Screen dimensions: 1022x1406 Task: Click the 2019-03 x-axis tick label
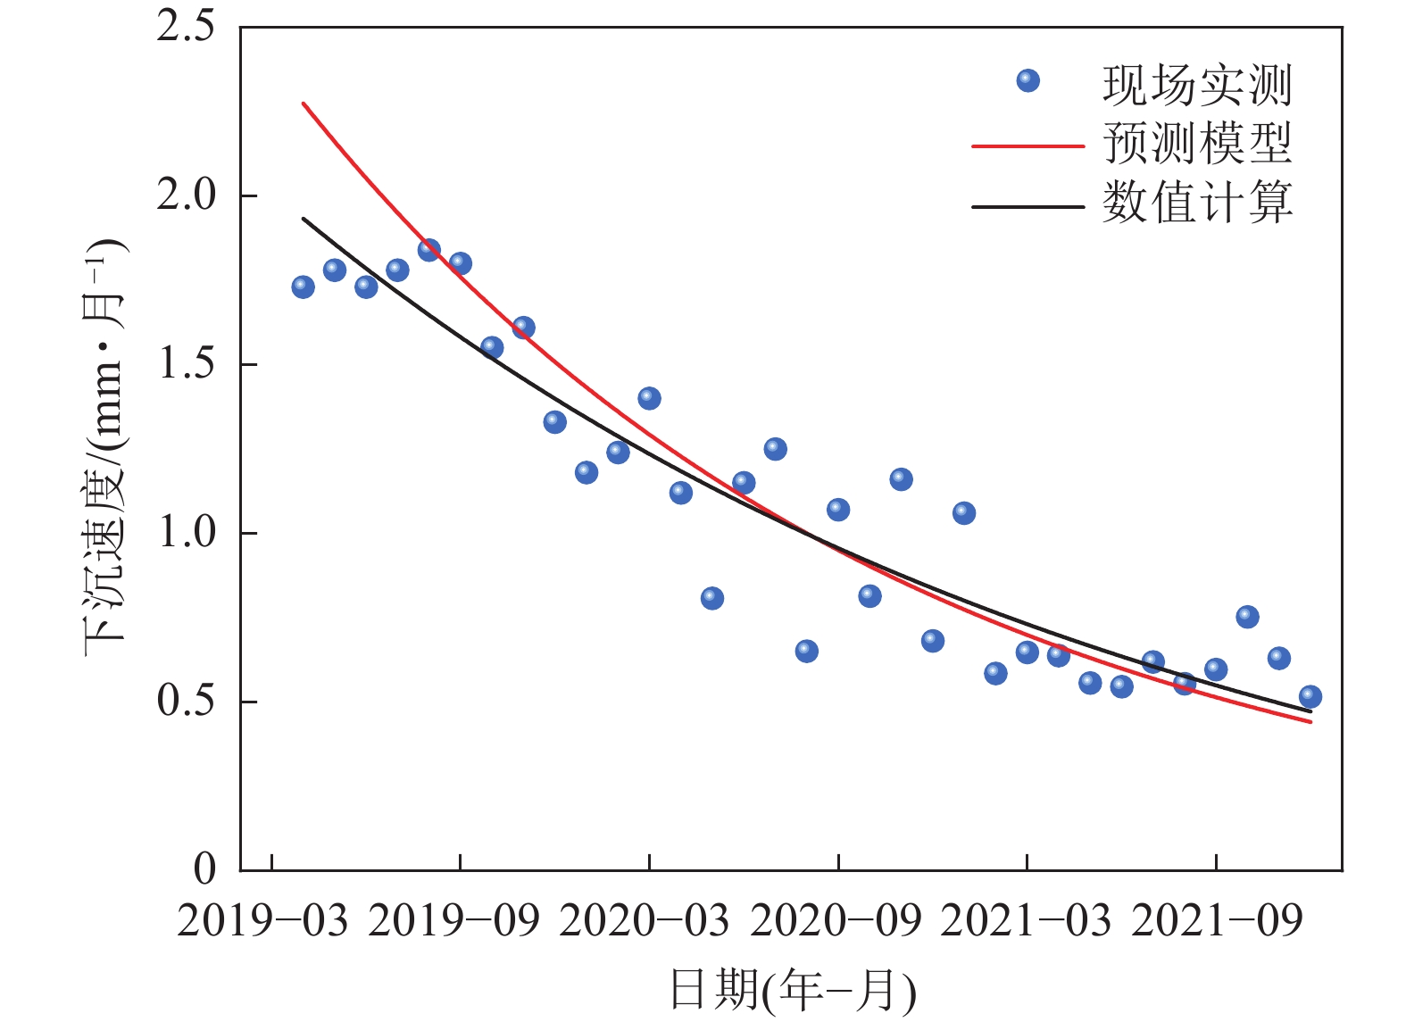(x=262, y=921)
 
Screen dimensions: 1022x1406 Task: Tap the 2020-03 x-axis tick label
(x=645, y=921)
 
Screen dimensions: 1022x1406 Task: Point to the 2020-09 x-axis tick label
(x=836, y=921)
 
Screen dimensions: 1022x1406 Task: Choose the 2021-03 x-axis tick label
(x=1026, y=921)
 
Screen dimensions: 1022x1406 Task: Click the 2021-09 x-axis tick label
(x=1217, y=921)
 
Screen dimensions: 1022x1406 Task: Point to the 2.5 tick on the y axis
(x=186, y=27)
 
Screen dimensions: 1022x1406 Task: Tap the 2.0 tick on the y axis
(x=186, y=195)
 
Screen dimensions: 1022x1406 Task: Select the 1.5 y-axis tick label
(x=186, y=364)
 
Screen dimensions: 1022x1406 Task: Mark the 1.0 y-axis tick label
(x=186, y=533)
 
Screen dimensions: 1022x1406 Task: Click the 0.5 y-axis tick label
(x=186, y=702)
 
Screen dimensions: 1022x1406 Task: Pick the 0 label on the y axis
(x=204, y=868)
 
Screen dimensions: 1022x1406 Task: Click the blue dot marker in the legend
(x=1028, y=81)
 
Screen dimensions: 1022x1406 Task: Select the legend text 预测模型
(x=1197, y=144)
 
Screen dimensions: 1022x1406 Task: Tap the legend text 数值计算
(x=1197, y=203)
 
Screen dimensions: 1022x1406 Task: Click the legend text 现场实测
(x=1197, y=86)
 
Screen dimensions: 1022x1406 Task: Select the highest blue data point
(x=428, y=250)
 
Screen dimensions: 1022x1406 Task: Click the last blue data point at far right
(x=1310, y=697)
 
